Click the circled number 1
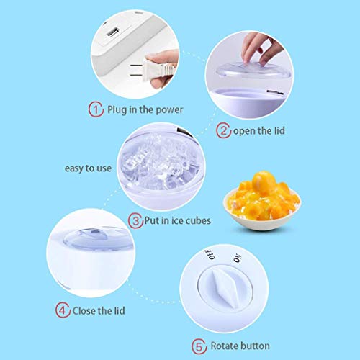(x=96, y=109)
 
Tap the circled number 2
(x=223, y=130)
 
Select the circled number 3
(x=136, y=220)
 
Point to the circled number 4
(x=63, y=310)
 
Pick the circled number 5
(x=199, y=346)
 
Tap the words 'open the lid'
(x=259, y=131)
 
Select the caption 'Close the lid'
(x=99, y=311)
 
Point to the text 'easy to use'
(x=88, y=168)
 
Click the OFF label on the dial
(x=210, y=254)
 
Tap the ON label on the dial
(x=238, y=258)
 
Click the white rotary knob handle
(x=225, y=288)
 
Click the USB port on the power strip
(x=113, y=32)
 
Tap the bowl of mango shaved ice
(x=262, y=201)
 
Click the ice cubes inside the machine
(x=160, y=163)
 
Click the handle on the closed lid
(x=94, y=235)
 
